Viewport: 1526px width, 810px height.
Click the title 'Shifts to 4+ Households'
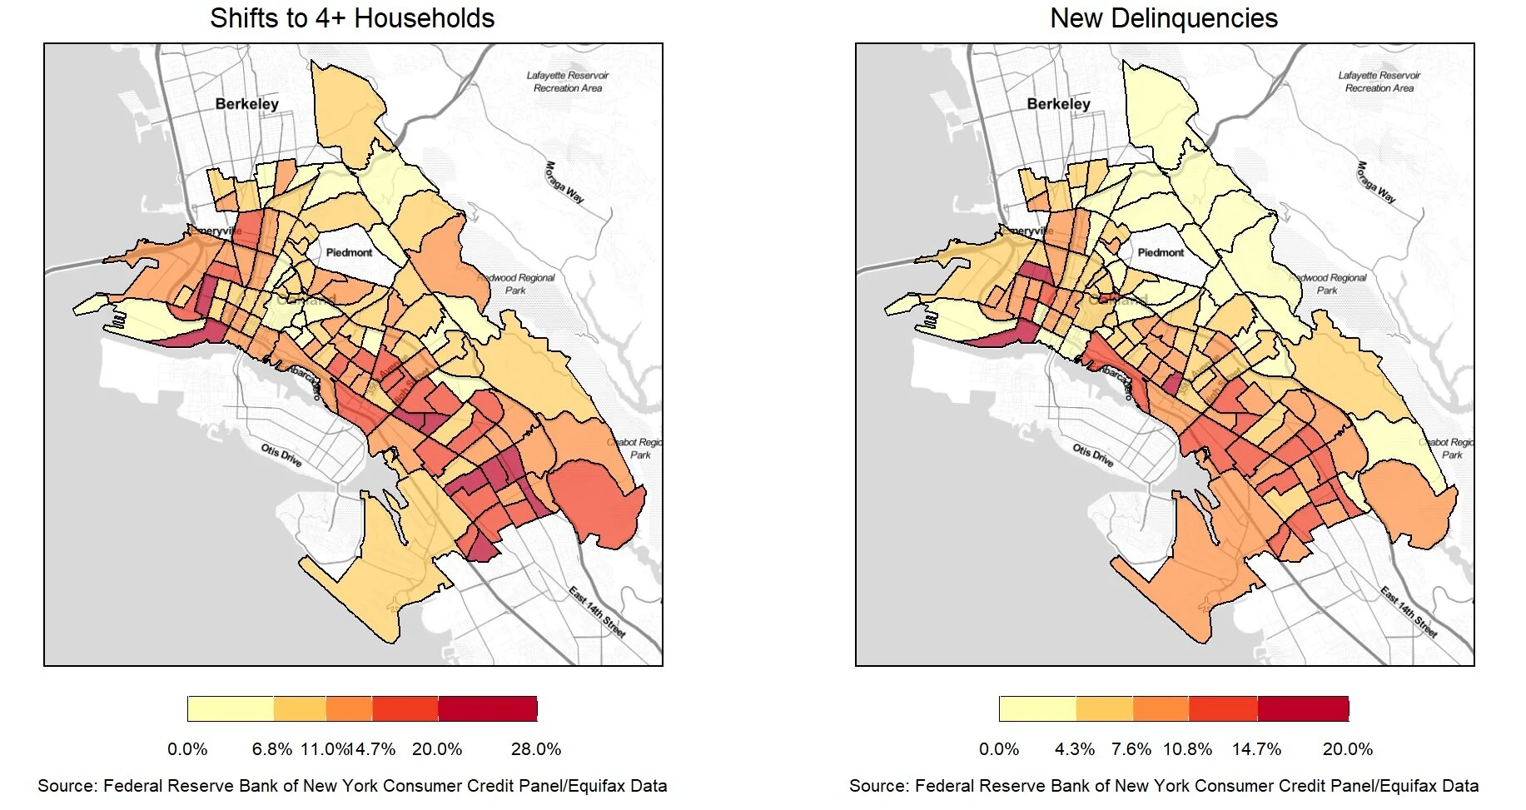pyautogui.click(x=352, y=18)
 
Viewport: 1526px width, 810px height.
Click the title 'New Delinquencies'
pyautogui.click(x=1163, y=18)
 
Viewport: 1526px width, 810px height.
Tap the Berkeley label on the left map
pyautogui.click(x=246, y=104)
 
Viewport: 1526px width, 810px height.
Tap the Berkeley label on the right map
pyautogui.click(x=1058, y=104)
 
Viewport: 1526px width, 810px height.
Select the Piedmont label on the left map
pyautogui.click(x=349, y=252)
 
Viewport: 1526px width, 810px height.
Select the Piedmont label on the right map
pyautogui.click(x=1161, y=252)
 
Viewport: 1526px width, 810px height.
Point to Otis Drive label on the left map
pyautogui.click(x=281, y=455)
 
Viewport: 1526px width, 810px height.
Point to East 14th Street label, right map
pyautogui.click(x=1409, y=612)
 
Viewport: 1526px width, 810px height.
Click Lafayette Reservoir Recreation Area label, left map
pyautogui.click(x=568, y=81)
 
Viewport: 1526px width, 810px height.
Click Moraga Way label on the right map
pyautogui.click(x=1376, y=181)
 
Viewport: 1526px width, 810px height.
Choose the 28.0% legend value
pyautogui.click(x=536, y=749)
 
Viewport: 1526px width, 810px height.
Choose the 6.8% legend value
pyautogui.click(x=272, y=749)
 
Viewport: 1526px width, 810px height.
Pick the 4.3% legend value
pyautogui.click(x=1075, y=749)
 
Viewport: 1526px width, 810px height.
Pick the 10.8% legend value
pyautogui.click(x=1187, y=749)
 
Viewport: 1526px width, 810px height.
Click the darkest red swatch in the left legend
pyautogui.click(x=487, y=708)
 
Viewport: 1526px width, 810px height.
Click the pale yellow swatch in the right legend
pyautogui.click(x=1037, y=708)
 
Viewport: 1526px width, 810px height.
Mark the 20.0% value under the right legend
pyautogui.click(x=1347, y=749)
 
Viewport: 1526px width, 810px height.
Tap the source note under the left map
pyautogui.click(x=352, y=786)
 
